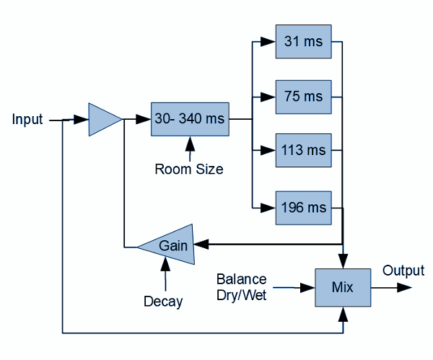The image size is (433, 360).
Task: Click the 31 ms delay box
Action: (303, 41)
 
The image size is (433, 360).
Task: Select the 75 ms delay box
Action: (303, 96)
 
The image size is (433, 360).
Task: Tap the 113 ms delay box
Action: (303, 151)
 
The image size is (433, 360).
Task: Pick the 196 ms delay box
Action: (303, 208)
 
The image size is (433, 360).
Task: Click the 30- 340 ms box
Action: (190, 118)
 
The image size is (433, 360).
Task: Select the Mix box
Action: (342, 287)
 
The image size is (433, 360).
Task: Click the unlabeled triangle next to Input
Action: (103, 119)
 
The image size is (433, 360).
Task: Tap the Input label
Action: (27, 119)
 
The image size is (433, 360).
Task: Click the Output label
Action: (403, 271)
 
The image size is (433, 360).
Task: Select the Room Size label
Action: (189, 170)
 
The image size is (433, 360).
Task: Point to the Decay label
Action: (162, 302)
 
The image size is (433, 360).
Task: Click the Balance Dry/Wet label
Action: (242, 286)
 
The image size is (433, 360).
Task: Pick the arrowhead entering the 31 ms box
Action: (270, 41)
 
